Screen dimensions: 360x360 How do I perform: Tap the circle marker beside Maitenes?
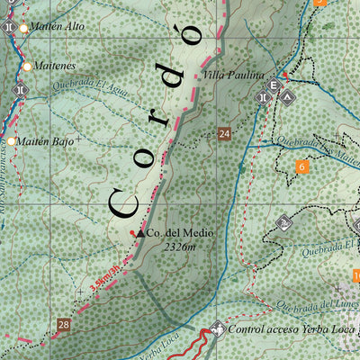(28, 67)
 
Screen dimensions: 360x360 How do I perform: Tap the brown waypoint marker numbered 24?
(224, 135)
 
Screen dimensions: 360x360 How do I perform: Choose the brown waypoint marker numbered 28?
(63, 325)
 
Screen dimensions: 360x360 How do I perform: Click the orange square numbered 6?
(301, 166)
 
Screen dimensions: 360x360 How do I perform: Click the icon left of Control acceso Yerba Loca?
(217, 329)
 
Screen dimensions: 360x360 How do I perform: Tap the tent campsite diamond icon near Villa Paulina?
(287, 94)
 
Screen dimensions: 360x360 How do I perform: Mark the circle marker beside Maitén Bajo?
(12, 141)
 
